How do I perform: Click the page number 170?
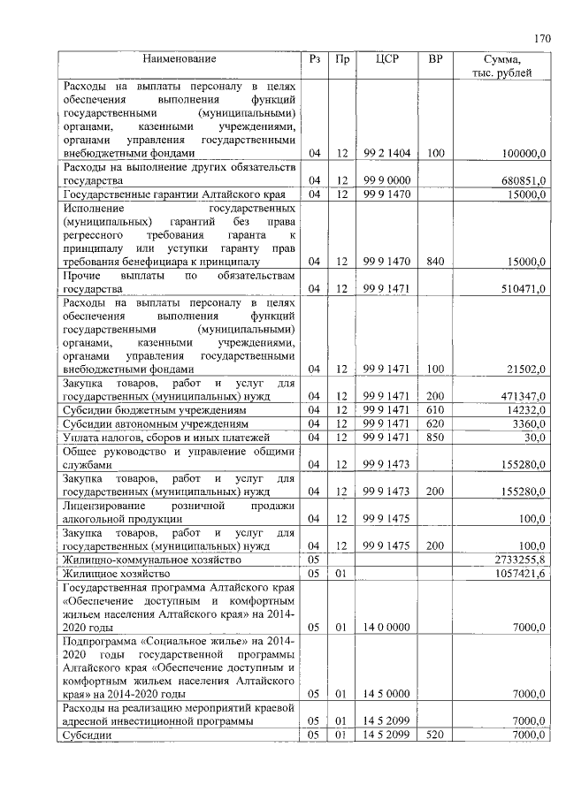(x=542, y=38)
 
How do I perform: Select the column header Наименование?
(x=180, y=59)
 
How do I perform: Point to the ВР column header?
(x=435, y=59)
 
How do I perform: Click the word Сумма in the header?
(x=502, y=59)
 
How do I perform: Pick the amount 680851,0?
(x=520, y=181)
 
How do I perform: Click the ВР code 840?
(x=435, y=262)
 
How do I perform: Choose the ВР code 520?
(x=435, y=735)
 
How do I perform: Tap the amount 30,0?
(x=532, y=438)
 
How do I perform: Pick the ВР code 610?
(x=435, y=410)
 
